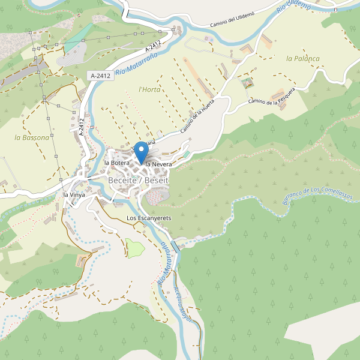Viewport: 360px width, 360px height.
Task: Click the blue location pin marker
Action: click(141, 151)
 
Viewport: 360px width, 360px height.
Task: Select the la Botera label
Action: click(117, 163)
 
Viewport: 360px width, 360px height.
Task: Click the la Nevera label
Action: click(158, 164)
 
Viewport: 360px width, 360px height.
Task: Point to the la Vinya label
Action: click(74, 195)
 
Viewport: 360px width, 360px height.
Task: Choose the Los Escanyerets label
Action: click(149, 218)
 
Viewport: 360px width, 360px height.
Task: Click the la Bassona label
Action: click(32, 137)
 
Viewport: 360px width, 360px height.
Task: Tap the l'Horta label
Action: click(149, 89)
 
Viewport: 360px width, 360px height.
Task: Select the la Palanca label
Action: click(303, 59)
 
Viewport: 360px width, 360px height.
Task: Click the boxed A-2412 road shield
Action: click(100, 76)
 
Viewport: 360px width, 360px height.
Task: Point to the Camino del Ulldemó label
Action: click(232, 19)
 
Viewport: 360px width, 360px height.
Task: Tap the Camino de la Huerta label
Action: click(197, 116)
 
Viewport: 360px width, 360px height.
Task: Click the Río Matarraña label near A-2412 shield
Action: click(136, 63)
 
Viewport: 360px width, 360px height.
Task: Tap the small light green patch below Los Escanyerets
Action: click(135, 248)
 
